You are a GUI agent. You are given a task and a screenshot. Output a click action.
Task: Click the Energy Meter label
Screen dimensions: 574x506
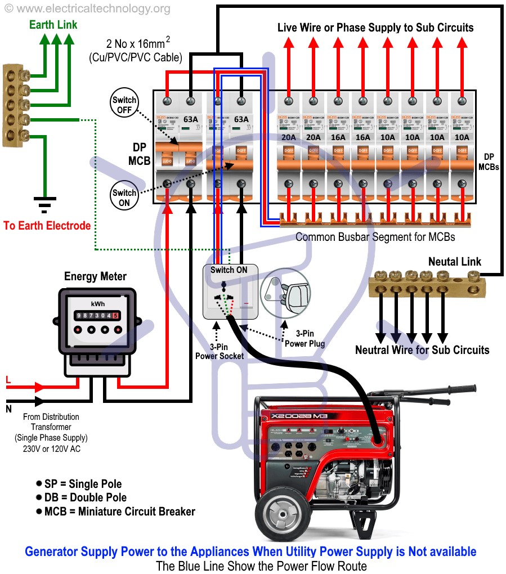[x=95, y=276]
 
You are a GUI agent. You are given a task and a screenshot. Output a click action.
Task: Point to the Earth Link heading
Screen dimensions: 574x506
[x=53, y=25]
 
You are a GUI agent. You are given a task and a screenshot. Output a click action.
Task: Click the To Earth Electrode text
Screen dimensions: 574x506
[x=47, y=226]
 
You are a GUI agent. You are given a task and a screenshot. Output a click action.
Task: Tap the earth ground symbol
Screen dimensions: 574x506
[x=42, y=202]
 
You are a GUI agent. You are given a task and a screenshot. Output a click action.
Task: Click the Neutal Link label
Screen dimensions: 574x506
[x=455, y=262]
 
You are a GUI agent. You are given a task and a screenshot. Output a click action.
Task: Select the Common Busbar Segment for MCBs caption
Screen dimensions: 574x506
[x=375, y=237]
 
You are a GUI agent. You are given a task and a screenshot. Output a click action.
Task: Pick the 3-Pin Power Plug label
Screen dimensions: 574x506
[x=305, y=339]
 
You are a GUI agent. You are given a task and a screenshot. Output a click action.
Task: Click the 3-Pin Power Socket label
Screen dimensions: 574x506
[x=219, y=351]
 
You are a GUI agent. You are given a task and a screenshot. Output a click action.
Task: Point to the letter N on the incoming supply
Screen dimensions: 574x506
[x=8, y=409]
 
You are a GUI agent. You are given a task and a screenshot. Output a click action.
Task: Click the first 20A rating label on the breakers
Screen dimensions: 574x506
[x=289, y=137]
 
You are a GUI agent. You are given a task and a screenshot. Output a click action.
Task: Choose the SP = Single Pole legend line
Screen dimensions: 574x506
[x=79, y=484]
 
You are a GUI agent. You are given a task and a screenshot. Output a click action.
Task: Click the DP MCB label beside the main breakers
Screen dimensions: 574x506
[x=138, y=154]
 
